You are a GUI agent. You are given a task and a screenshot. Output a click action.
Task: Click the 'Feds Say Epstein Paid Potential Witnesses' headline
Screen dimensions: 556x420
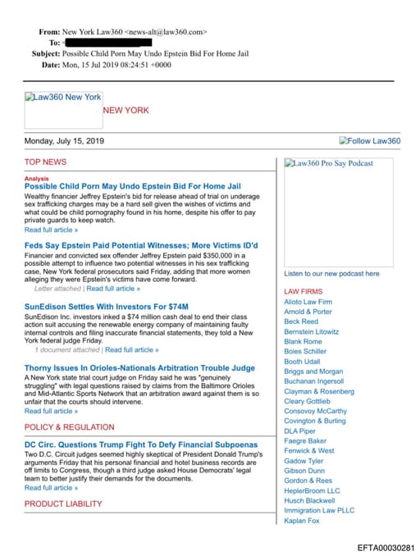tap(141, 246)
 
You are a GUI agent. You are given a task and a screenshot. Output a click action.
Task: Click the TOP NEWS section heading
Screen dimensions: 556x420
tap(45, 162)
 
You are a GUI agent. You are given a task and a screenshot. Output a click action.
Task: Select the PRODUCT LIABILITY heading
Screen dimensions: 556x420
tap(63, 504)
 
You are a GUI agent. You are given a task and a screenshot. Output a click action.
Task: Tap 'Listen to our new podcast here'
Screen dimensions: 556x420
tap(331, 273)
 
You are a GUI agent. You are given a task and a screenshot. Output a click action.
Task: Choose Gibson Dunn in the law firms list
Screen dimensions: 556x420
tap(304, 471)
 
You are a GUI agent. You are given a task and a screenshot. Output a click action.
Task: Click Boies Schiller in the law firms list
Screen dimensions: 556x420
tap(304, 351)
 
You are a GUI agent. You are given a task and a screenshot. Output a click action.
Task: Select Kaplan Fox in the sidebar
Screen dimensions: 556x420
tap(303, 520)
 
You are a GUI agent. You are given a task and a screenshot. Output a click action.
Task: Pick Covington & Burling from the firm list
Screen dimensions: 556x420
tap(315, 421)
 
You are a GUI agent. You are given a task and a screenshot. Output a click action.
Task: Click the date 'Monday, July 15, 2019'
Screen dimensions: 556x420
tap(64, 141)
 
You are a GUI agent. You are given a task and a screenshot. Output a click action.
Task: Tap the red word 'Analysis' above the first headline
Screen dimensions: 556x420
tap(36, 178)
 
